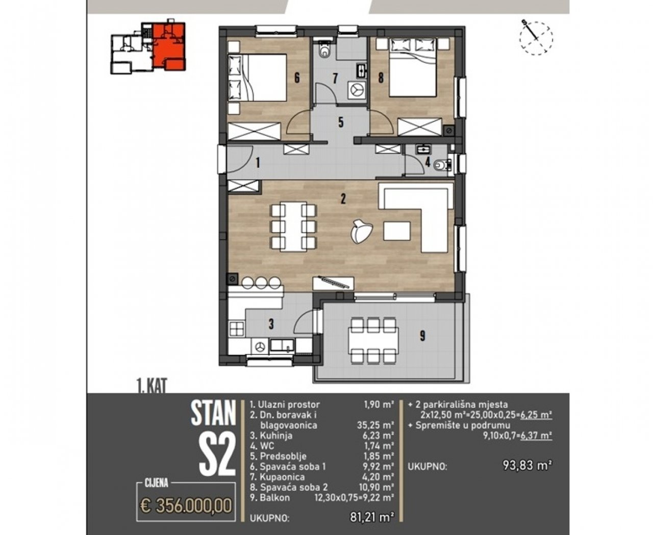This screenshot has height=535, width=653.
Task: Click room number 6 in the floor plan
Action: point(297,78)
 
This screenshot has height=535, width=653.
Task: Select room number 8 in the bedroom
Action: point(381,78)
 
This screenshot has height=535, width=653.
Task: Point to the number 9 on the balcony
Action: point(422,336)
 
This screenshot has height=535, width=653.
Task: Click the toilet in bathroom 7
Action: point(324,49)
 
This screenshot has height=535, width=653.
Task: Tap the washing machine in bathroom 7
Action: point(357,90)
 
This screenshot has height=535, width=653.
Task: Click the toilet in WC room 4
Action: point(443,165)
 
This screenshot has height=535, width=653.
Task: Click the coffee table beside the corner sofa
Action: point(397,231)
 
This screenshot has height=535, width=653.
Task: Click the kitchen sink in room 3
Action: point(282,345)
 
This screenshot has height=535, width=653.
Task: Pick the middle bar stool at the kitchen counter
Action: point(261,283)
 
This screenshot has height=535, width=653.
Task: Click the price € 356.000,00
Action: point(186,506)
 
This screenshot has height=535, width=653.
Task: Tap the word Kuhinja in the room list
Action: point(276,436)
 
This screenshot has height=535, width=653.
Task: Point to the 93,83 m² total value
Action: point(528,465)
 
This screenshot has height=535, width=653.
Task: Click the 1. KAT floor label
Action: point(152,386)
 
